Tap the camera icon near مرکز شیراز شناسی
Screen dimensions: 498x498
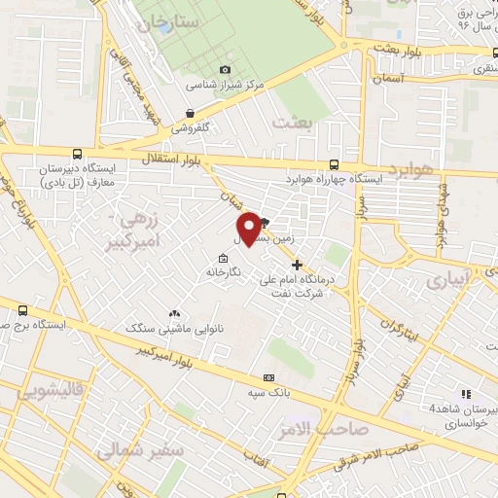(226, 69)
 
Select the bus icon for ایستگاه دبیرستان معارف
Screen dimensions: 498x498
(77, 153)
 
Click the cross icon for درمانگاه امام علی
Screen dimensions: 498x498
(297, 264)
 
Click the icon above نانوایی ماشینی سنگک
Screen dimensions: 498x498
(175, 313)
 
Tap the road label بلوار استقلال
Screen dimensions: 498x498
(164, 158)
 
